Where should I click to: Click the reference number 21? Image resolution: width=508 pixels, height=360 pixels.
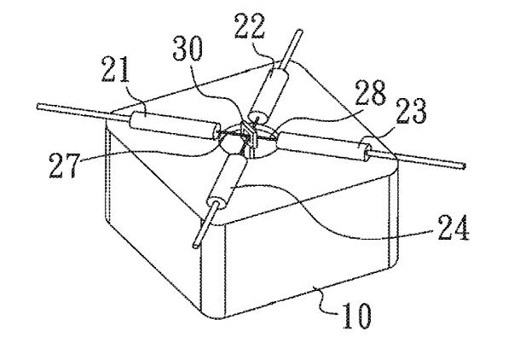click(x=116, y=69)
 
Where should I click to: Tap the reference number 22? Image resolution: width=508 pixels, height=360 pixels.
click(x=250, y=26)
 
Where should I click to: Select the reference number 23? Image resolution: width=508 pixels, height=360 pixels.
click(x=411, y=111)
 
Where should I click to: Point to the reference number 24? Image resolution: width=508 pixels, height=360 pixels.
click(x=453, y=228)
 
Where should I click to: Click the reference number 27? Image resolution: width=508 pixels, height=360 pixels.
click(x=64, y=165)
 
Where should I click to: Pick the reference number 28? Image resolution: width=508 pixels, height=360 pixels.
click(x=370, y=92)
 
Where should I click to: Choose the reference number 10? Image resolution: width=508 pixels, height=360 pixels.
click(x=356, y=316)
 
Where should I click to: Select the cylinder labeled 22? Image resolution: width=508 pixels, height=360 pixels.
click(x=269, y=94)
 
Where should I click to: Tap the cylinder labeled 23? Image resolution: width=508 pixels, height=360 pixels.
click(x=325, y=146)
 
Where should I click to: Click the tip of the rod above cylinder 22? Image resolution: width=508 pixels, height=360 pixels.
click(x=299, y=32)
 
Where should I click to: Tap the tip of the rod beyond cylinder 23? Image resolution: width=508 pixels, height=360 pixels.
click(x=464, y=166)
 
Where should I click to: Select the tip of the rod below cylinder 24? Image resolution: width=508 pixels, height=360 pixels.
click(x=196, y=245)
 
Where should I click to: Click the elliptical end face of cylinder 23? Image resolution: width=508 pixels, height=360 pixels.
click(x=367, y=148)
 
